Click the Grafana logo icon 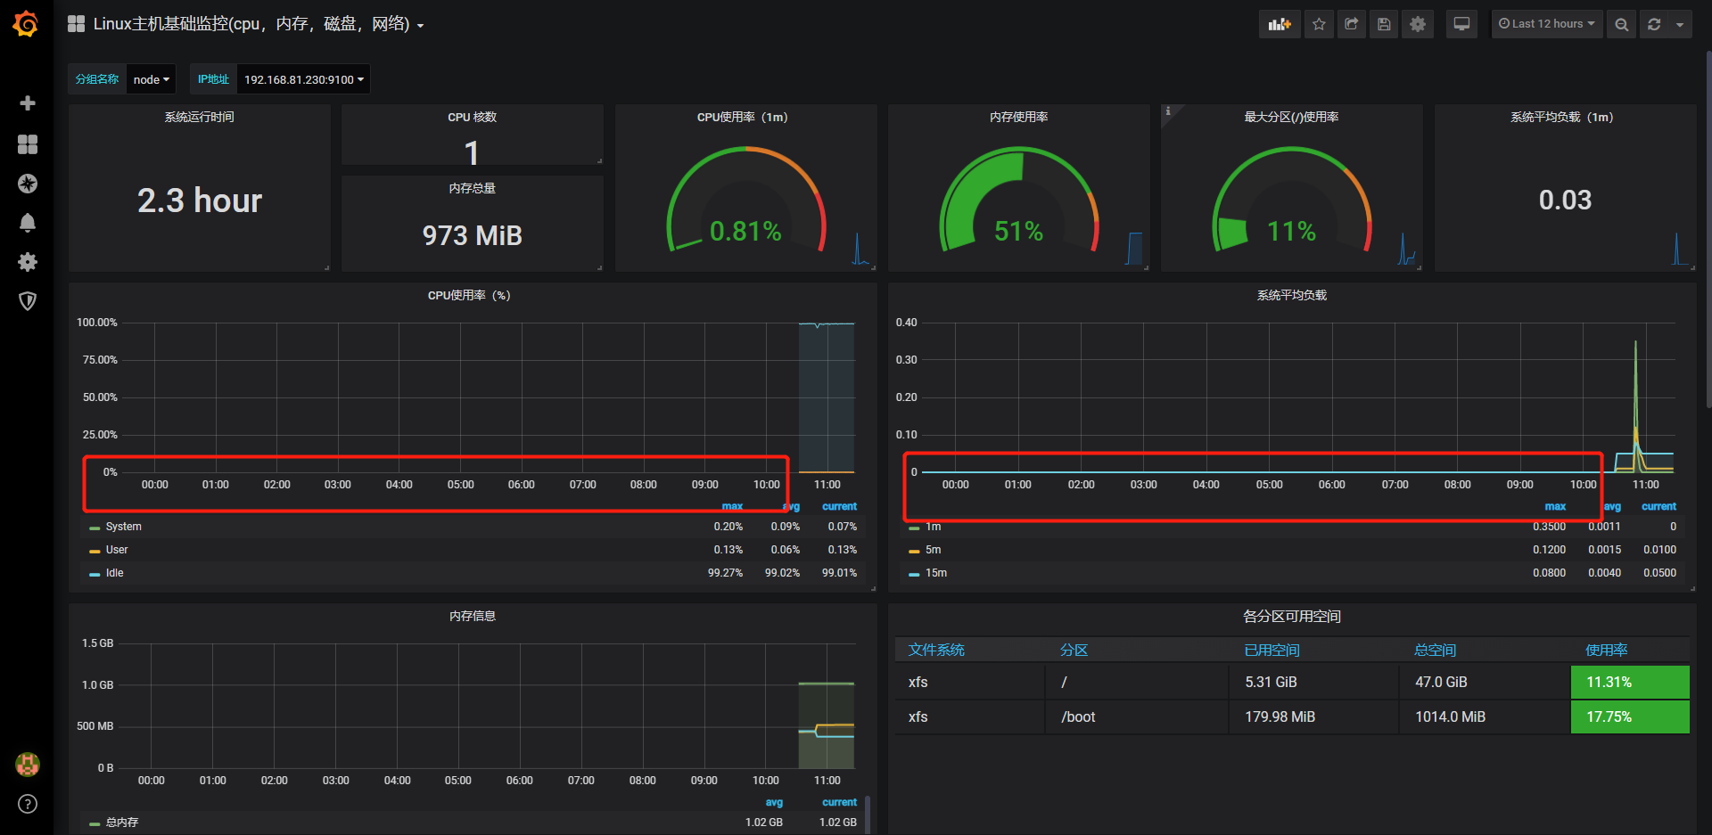coord(26,24)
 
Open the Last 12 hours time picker coord(1547,24)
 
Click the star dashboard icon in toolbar coord(1319,24)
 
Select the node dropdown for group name coord(151,79)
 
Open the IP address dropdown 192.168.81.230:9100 coord(303,79)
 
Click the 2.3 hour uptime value coord(200,201)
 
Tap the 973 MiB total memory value coord(472,235)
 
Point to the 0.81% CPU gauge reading coord(745,232)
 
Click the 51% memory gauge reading coord(1018,232)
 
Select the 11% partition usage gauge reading coord(1291,232)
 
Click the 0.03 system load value coord(1565,201)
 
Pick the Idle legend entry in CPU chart coord(114,573)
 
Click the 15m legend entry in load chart coord(935,573)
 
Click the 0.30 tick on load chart coord(906,360)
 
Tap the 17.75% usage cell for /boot coord(1629,716)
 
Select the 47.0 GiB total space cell coord(1441,682)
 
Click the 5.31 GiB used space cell coord(1271,682)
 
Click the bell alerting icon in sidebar coord(28,223)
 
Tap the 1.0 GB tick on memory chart coord(97,685)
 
